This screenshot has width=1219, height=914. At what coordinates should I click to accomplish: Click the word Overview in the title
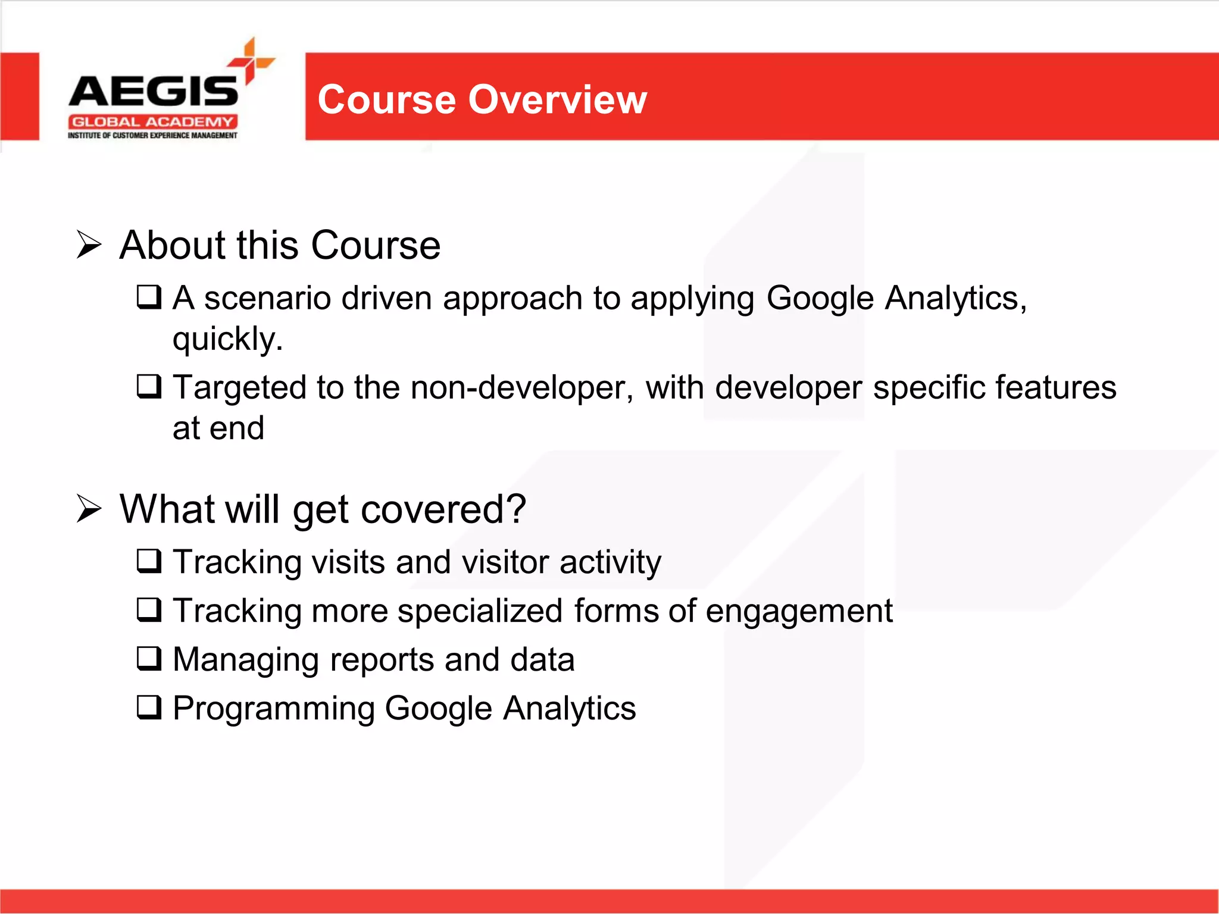[557, 99]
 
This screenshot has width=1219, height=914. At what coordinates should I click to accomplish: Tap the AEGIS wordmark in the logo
[154, 92]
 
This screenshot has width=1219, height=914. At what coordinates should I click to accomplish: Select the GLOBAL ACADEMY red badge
[152, 122]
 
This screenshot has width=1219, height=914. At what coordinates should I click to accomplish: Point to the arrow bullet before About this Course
[89, 245]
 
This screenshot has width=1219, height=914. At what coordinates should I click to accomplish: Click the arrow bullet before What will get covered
[89, 509]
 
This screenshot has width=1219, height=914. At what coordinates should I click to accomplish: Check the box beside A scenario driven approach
[149, 296]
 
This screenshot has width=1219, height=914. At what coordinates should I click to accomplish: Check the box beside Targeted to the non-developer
[149, 386]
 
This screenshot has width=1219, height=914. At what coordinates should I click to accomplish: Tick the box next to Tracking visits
[149, 561]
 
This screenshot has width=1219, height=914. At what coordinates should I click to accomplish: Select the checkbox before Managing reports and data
[149, 658]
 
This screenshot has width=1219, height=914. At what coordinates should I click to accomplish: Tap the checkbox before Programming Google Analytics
[149, 707]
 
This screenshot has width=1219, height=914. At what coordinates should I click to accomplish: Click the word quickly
[227, 339]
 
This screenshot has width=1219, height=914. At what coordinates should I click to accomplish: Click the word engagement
[799, 612]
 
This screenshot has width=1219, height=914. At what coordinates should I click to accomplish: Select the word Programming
[273, 709]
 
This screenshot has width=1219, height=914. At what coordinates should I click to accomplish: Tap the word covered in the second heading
[443, 510]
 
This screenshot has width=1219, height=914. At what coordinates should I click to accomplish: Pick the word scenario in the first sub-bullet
[267, 298]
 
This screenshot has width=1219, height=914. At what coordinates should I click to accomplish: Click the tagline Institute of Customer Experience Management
[152, 136]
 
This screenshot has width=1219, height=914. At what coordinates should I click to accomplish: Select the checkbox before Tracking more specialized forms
[149, 609]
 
